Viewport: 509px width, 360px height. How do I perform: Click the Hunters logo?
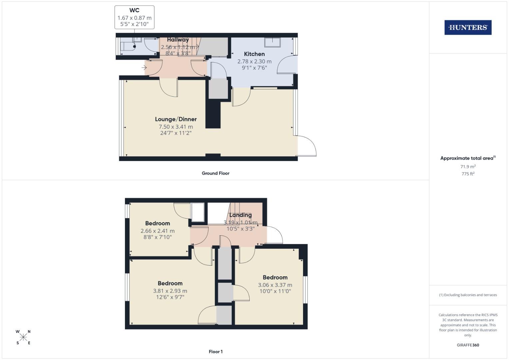pyautogui.click(x=468, y=28)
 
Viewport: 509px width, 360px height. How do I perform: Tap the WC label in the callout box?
pyautogui.click(x=134, y=10)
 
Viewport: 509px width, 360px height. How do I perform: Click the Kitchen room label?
pyautogui.click(x=254, y=54)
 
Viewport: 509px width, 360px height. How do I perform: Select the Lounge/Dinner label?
pyautogui.click(x=176, y=119)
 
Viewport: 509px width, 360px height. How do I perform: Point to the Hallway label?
pyautogui.click(x=178, y=40)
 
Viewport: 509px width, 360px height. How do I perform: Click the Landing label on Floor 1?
pyautogui.click(x=240, y=215)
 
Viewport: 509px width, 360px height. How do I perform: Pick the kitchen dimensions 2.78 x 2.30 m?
pyautogui.click(x=254, y=61)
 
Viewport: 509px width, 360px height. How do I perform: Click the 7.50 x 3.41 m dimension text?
pyautogui.click(x=176, y=127)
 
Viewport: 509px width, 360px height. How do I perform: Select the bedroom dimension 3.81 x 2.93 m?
pyautogui.click(x=170, y=291)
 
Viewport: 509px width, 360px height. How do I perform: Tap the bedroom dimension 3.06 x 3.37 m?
pyautogui.click(x=275, y=285)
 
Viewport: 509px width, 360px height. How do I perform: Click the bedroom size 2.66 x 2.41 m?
pyautogui.click(x=157, y=231)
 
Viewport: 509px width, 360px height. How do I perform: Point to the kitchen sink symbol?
pyautogui.click(x=273, y=42)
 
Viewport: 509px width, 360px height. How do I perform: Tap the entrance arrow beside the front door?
pyautogui.click(x=144, y=68)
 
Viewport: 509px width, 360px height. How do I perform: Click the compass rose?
pyautogui.click(x=23, y=337)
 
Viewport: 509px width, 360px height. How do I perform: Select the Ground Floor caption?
pyautogui.click(x=215, y=173)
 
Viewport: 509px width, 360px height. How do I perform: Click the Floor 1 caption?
pyautogui.click(x=216, y=352)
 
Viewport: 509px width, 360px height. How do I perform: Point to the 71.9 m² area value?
pyautogui.click(x=468, y=167)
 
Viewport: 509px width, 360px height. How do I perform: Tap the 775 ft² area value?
pyautogui.click(x=468, y=174)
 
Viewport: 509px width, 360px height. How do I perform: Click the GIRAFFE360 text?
pyautogui.click(x=468, y=345)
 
